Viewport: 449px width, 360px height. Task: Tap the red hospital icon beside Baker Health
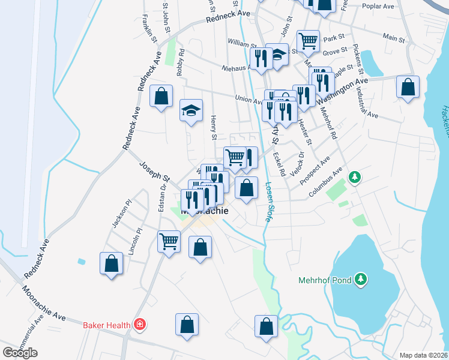point(140,325)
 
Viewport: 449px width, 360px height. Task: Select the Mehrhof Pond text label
point(325,280)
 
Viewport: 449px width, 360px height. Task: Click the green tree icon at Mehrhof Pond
point(360,279)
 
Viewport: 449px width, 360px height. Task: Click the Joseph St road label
point(155,170)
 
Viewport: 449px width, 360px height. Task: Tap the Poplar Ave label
point(378,7)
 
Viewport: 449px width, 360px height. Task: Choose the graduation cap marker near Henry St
point(191,110)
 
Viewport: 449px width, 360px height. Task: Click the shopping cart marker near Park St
point(308,41)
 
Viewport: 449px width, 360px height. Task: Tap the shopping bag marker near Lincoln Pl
point(111,263)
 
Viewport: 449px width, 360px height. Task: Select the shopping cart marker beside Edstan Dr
point(169,241)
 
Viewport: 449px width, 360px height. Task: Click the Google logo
point(20,353)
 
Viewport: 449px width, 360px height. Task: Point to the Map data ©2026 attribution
point(423,355)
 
